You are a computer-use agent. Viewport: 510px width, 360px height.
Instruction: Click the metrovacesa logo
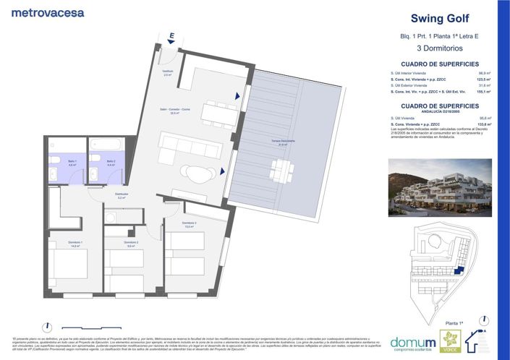click(x=48, y=12)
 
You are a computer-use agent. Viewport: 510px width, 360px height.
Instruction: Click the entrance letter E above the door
click(x=171, y=35)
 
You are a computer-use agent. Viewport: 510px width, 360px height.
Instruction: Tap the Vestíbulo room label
click(x=167, y=72)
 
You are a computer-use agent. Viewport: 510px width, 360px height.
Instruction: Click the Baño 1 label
click(x=72, y=163)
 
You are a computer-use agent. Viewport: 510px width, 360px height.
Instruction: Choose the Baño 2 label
click(x=110, y=163)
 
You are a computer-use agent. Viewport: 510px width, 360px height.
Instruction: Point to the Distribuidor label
click(x=122, y=194)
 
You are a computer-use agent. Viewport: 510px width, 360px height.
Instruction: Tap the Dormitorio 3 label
click(x=190, y=224)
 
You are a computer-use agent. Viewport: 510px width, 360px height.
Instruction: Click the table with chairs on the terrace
click(x=281, y=170)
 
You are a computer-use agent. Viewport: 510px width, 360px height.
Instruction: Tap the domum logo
click(x=413, y=342)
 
